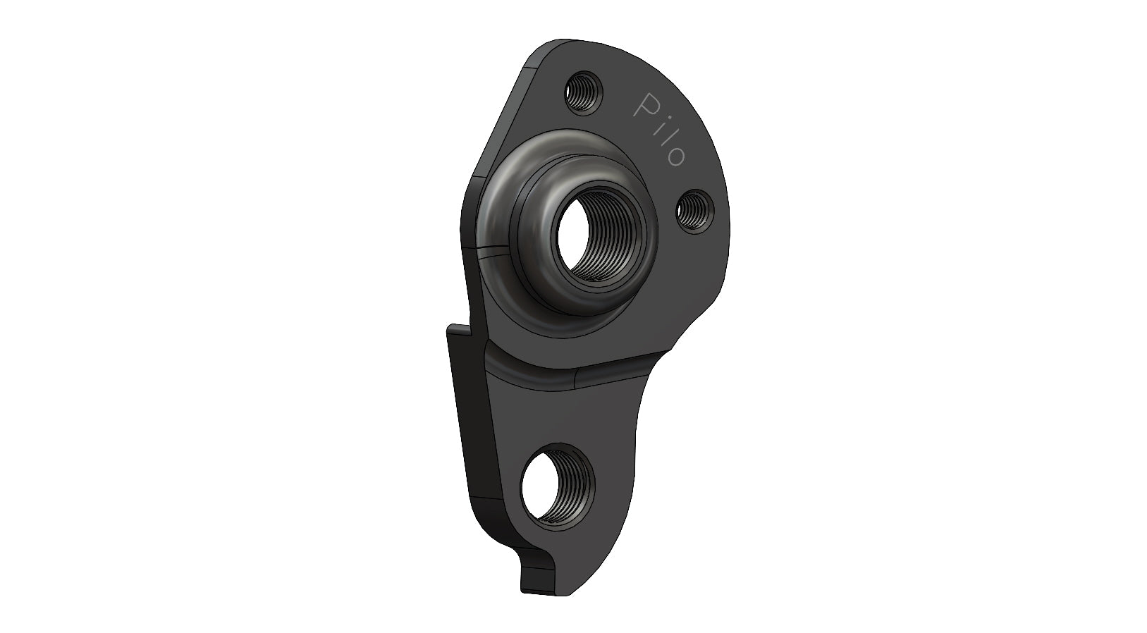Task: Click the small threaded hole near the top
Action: tap(583, 91)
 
